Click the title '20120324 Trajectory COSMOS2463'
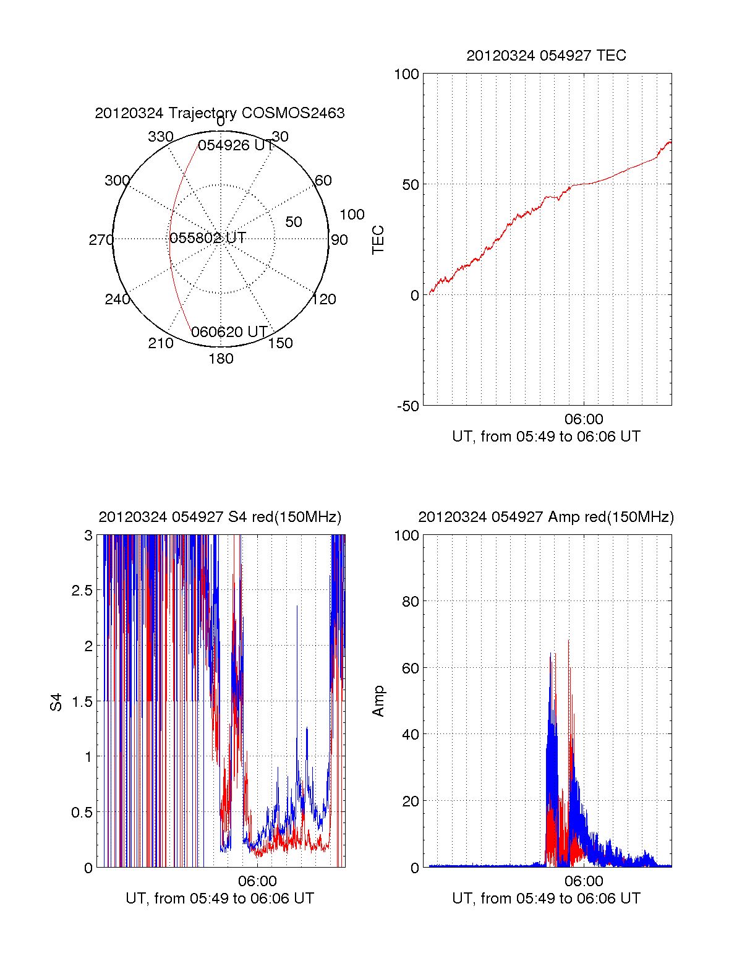(220, 113)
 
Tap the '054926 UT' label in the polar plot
(236, 145)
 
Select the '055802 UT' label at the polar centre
(208, 237)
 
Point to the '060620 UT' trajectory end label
(229, 332)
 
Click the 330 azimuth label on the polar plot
(161, 137)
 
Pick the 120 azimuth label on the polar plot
(324, 299)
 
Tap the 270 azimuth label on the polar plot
(101, 240)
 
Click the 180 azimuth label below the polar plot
(221, 359)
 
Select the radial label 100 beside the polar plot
(352, 215)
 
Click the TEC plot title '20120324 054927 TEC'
(546, 56)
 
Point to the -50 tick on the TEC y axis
(407, 406)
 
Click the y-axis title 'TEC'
(378, 240)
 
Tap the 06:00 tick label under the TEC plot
(584, 419)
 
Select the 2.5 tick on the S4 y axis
(82, 591)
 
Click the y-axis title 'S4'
(56, 702)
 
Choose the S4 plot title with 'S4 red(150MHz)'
(220, 517)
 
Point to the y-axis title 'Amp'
(378, 701)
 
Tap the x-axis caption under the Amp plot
(546, 899)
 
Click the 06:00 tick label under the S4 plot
(257, 881)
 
